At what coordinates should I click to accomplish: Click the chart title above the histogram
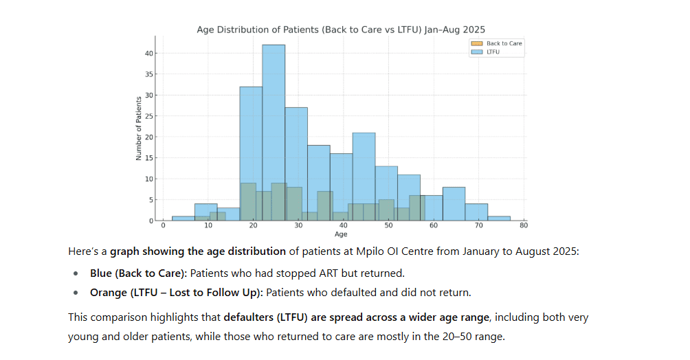(x=341, y=30)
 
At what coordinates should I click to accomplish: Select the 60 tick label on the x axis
(x=434, y=226)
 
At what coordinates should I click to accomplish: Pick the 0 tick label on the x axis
(x=163, y=226)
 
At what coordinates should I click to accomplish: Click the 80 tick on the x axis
(x=524, y=226)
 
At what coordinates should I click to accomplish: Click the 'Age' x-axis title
(x=341, y=234)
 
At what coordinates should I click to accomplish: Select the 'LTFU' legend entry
(x=493, y=52)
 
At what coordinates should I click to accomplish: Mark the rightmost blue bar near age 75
(x=499, y=218)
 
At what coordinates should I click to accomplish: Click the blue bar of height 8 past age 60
(x=454, y=204)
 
